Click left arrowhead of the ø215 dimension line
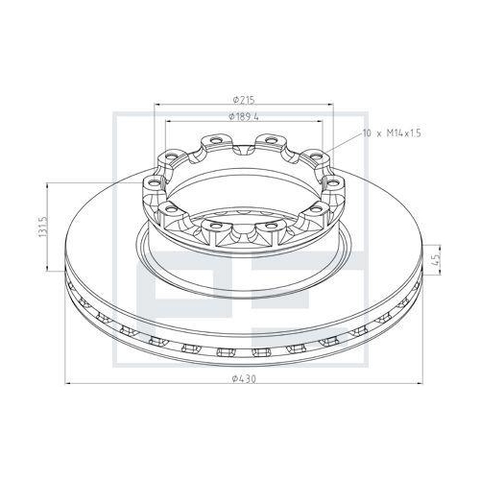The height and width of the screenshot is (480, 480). (x=154, y=105)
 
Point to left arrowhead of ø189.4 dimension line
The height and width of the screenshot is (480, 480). (x=169, y=123)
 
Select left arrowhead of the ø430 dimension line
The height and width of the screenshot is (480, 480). (x=68, y=386)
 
